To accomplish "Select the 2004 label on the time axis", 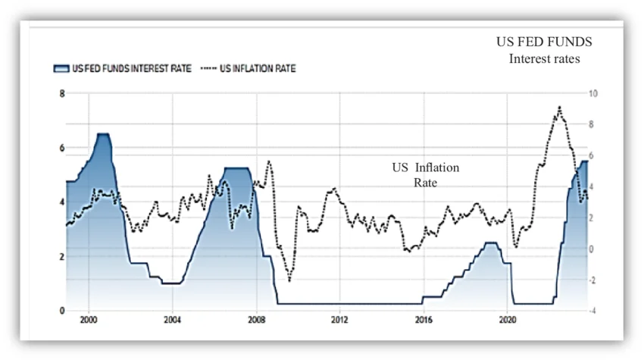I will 172,320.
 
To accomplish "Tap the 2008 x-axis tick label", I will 256,320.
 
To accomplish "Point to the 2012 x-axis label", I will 339,320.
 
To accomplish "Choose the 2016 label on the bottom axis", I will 424,320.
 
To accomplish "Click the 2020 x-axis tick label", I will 508,320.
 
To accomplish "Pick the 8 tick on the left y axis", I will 62,93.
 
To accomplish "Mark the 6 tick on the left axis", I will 62,148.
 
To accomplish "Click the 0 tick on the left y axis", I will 62,311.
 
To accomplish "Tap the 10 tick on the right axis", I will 593,93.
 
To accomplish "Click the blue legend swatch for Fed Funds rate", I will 61,68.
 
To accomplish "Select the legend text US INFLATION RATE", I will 258,68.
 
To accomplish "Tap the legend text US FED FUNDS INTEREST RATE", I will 133,68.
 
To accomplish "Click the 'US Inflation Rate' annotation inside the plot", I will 425,175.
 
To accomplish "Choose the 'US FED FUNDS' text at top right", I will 544,42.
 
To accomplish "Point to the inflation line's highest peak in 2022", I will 559,107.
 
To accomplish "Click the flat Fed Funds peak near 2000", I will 103,134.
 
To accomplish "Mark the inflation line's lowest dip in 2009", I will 289,281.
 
